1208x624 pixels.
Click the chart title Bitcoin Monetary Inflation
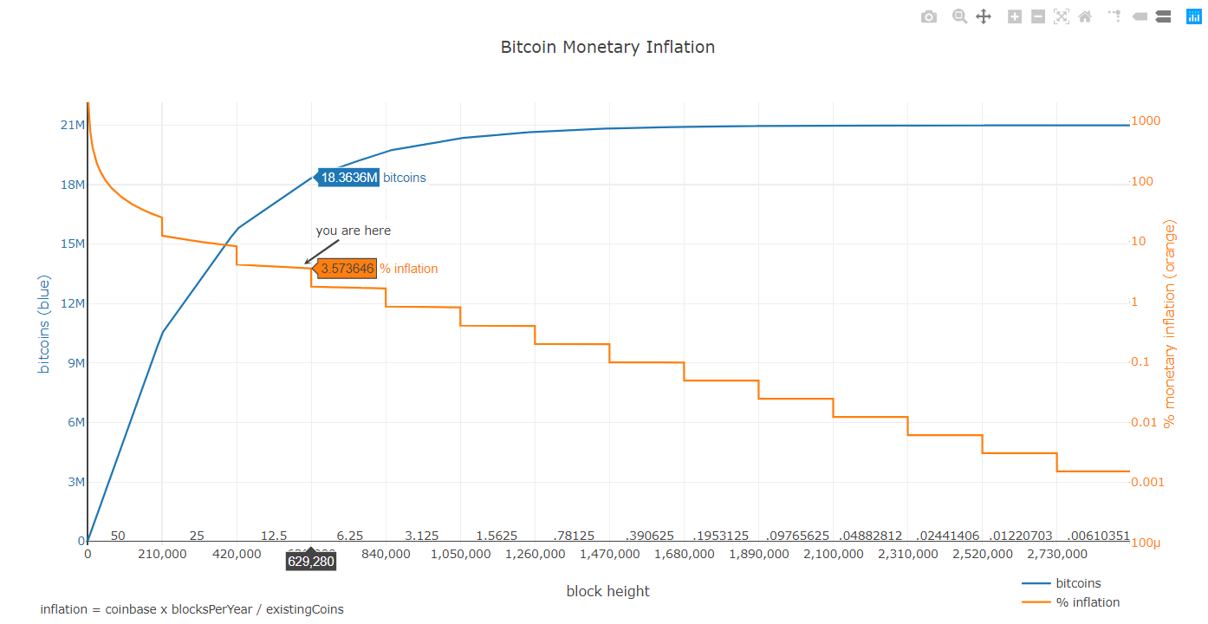pyautogui.click(x=607, y=47)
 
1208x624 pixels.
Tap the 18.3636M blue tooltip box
pyautogui.click(x=349, y=178)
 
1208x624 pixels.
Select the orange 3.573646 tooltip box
pyautogui.click(x=347, y=269)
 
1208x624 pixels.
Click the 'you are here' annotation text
pyautogui.click(x=353, y=231)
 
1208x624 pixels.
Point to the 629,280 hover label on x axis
pyautogui.click(x=311, y=562)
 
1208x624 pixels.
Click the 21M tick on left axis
pyautogui.click(x=72, y=125)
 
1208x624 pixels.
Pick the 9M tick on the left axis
pyautogui.click(x=75, y=363)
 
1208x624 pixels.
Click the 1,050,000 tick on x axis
pyautogui.click(x=460, y=554)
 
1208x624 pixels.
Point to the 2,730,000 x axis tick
pyautogui.click(x=1056, y=554)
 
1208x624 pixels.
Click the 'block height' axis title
pyautogui.click(x=607, y=591)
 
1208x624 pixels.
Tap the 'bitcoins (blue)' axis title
pyautogui.click(x=44, y=324)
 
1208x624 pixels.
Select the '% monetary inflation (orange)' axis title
pyautogui.click(x=1170, y=324)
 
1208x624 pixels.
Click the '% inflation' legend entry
pyautogui.click(x=1088, y=602)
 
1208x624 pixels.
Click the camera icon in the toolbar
pyautogui.click(x=929, y=16)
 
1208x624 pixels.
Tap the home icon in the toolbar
pyautogui.click(x=1085, y=16)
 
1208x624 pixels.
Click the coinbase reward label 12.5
pyautogui.click(x=274, y=536)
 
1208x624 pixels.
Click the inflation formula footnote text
pyautogui.click(x=192, y=609)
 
